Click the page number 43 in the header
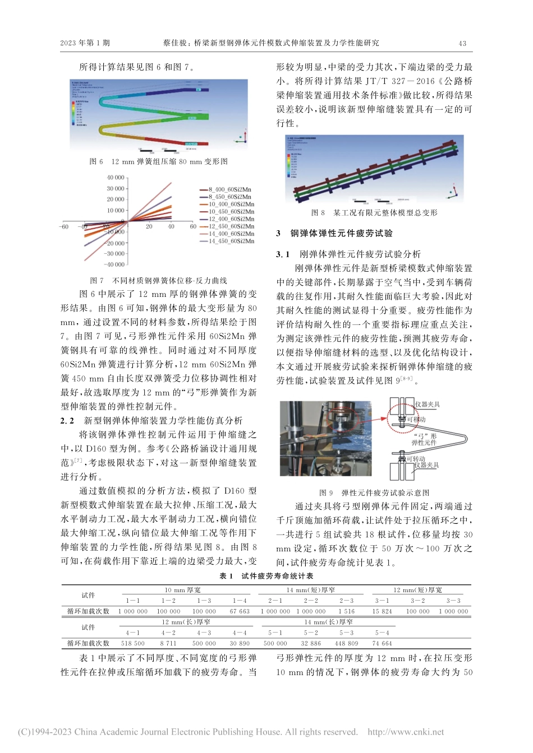click(462, 43)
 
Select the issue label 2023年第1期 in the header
click(85, 43)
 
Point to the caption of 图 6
click(158, 161)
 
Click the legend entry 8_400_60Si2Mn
click(229, 190)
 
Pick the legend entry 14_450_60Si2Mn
click(231, 241)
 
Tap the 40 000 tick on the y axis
click(116, 178)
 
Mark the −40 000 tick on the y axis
click(115, 264)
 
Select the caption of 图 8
click(374, 213)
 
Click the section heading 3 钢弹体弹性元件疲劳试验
click(334, 234)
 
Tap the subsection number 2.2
click(67, 421)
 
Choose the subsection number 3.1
click(283, 254)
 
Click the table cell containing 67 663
click(240, 611)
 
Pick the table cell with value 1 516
click(347, 611)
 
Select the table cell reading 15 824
click(382, 611)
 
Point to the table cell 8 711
click(168, 644)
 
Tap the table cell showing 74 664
click(382, 644)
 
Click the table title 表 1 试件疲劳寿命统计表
click(266, 576)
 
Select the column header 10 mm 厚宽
click(182, 590)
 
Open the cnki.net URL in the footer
click(405, 732)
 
